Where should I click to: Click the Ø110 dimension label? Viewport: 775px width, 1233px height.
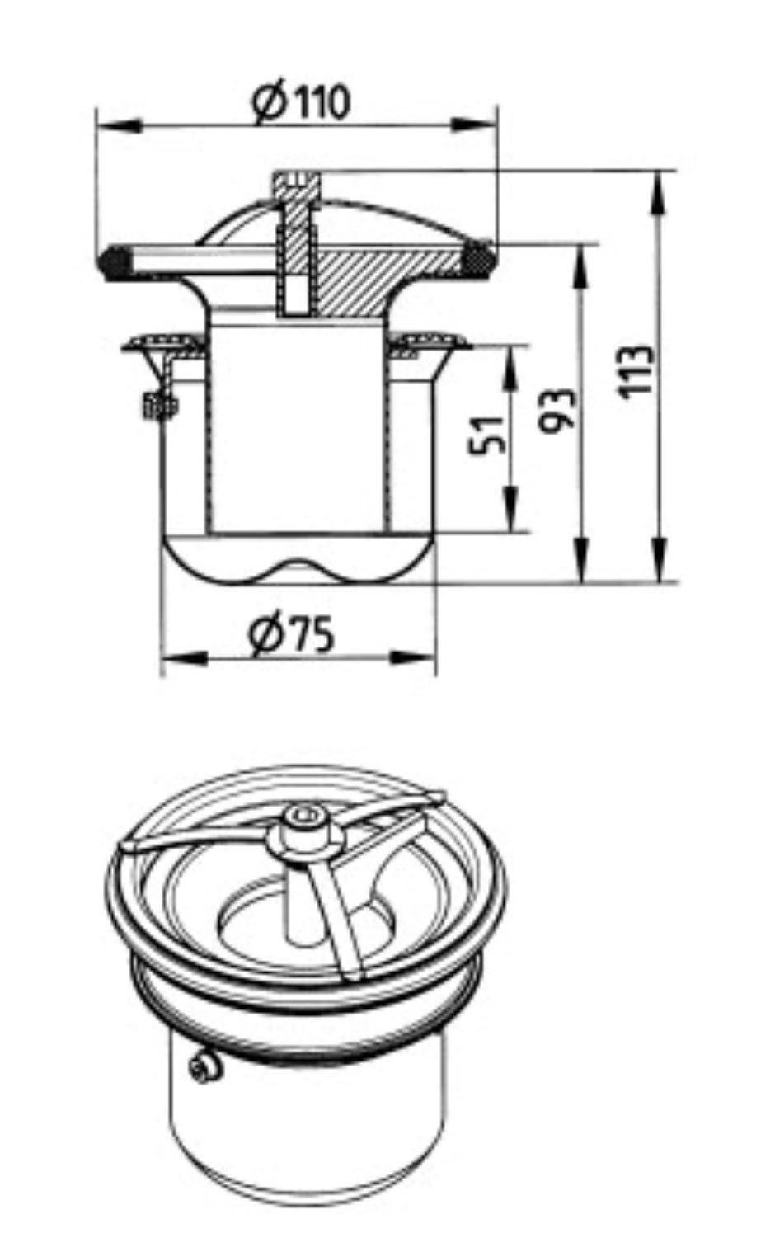click(301, 102)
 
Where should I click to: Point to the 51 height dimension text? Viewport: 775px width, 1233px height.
click(486, 435)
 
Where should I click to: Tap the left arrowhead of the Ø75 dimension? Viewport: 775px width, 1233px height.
click(185, 657)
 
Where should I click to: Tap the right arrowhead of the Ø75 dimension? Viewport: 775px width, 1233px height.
click(413, 657)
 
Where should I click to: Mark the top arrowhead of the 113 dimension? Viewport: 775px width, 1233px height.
click(661, 194)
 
